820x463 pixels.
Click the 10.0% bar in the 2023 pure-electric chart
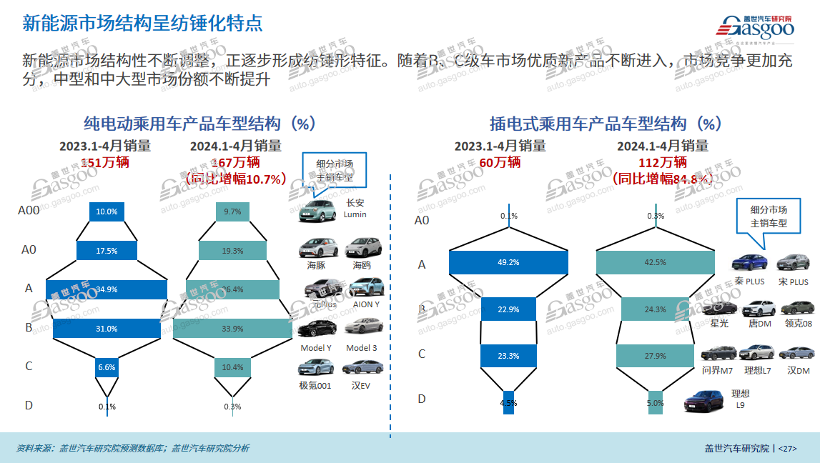coord(107,211)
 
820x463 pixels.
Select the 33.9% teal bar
coord(233,328)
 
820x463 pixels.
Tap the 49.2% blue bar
coord(508,262)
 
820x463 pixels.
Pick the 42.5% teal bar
coord(655,262)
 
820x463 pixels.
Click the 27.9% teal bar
coord(655,356)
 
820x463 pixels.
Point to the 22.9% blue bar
coord(508,309)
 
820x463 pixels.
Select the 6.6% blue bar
coord(107,367)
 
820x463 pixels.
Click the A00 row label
coord(29,211)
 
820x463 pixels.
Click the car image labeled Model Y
coord(317,328)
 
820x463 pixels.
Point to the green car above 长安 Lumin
coord(317,209)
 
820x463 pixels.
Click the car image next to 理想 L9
coord(703,402)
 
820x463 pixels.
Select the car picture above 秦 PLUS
coord(749,262)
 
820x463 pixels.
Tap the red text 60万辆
coord(500,162)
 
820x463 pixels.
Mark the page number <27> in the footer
coord(786,449)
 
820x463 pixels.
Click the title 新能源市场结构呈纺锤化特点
coord(142,23)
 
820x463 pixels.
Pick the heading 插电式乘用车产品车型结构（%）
coord(605,124)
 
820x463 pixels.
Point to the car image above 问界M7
coord(718,353)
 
